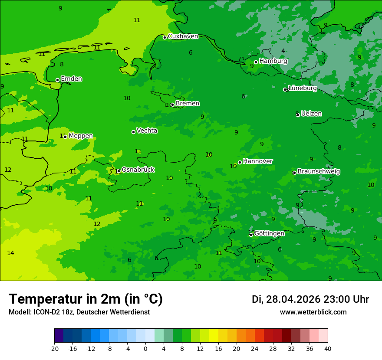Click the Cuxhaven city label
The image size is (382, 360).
coord(183,36)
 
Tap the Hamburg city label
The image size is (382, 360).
coord(273,61)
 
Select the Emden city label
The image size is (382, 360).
coord(71,79)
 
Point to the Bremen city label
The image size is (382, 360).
coord(187,104)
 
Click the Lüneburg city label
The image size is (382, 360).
coord(303,88)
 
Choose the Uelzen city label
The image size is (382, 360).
coord(311,114)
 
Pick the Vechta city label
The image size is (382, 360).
coord(147,131)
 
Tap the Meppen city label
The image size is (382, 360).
coord(81,136)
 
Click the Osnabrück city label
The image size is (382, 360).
coord(138,170)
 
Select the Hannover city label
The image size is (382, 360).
coord(257,161)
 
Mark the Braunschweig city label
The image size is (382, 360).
coord(319,172)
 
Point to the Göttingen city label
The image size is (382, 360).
coord(269,233)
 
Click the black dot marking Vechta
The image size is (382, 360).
coord(133,132)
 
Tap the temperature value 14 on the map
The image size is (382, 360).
coord(10,253)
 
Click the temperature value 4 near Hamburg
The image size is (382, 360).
coord(283,51)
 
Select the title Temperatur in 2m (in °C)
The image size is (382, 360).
coord(86,299)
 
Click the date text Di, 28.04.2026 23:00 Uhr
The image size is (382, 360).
coord(310,299)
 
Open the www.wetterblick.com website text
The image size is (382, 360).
coord(313,312)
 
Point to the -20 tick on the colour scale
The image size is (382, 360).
coord(54,348)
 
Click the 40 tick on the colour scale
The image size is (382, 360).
coord(327,348)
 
